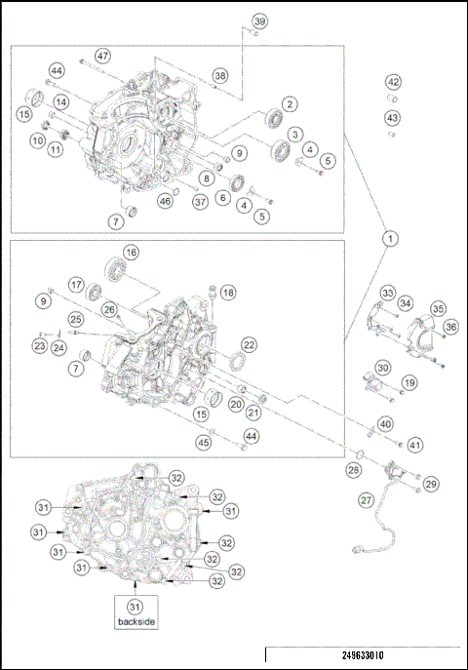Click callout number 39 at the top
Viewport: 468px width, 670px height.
click(x=259, y=21)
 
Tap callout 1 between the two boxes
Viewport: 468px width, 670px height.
click(x=390, y=237)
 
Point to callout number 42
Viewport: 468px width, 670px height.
click(x=392, y=82)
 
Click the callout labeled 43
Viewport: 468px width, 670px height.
click(x=392, y=118)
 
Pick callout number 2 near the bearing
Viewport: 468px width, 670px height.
click(x=290, y=103)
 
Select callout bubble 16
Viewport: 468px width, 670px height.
click(x=130, y=252)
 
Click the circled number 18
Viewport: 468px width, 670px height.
click(x=227, y=293)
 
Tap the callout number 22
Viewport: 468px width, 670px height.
click(x=250, y=345)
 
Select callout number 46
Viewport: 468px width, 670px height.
click(x=166, y=201)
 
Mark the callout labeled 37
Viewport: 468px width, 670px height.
click(x=199, y=201)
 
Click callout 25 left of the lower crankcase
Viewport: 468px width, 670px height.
click(x=75, y=319)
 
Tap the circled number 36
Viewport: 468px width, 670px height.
click(x=451, y=327)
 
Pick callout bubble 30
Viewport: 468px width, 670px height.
click(x=383, y=368)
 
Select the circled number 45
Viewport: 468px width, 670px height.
click(x=204, y=442)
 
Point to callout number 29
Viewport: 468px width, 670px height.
click(x=431, y=483)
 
